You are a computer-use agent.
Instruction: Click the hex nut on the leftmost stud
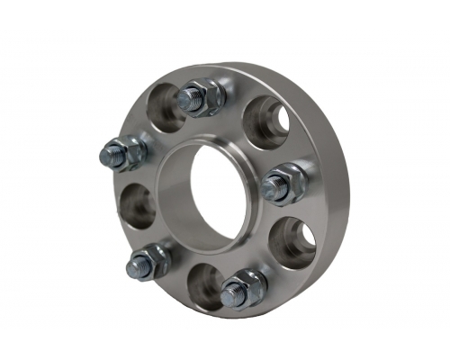click(130, 153)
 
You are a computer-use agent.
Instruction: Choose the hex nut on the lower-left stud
click(155, 260)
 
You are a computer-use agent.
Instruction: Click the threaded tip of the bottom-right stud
click(232, 292)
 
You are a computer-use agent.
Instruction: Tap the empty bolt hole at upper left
click(162, 109)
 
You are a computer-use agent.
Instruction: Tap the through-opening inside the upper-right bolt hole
click(280, 126)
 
